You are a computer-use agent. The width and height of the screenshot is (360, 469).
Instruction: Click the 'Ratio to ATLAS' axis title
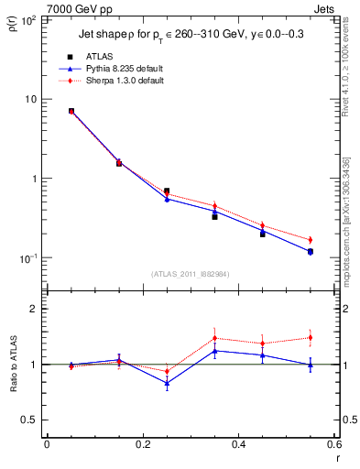pos(13,365)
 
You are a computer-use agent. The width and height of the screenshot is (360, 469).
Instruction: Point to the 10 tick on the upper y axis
pos(30,99)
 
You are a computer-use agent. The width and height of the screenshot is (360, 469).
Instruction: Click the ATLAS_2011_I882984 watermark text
pos(190,274)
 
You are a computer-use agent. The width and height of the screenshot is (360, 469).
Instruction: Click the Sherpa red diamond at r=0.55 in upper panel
pos(310,240)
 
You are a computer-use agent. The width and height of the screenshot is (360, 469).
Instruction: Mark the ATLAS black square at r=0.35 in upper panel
pos(214,216)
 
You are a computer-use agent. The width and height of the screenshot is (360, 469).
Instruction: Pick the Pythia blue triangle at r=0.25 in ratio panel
pos(167,383)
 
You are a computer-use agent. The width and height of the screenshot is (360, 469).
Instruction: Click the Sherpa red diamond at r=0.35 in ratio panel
pos(214,338)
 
